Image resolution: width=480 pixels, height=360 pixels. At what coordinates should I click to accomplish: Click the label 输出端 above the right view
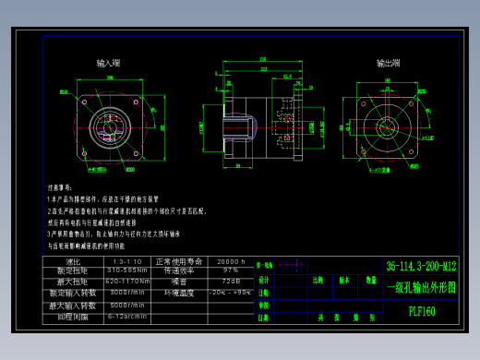(388, 64)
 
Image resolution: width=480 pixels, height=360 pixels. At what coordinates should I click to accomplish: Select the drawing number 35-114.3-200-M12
(422, 268)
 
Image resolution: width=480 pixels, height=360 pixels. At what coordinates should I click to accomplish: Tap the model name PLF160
(422, 311)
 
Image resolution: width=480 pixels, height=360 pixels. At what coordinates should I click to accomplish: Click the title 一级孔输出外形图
(422, 287)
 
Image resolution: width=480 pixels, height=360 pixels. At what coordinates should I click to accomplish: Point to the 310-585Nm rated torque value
(128, 271)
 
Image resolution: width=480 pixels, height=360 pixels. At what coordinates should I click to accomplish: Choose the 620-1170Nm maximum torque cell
(128, 282)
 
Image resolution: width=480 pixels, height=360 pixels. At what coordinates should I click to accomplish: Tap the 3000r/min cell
(128, 293)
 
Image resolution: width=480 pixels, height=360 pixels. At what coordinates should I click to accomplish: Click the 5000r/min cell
(128, 305)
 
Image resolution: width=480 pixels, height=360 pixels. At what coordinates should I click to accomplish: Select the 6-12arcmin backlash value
(128, 316)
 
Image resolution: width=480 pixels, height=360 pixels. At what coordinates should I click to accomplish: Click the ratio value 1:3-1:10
(128, 262)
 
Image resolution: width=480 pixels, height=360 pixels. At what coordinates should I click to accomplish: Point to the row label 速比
(73, 262)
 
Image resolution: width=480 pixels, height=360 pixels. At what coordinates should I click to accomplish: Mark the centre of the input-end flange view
(109, 125)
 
